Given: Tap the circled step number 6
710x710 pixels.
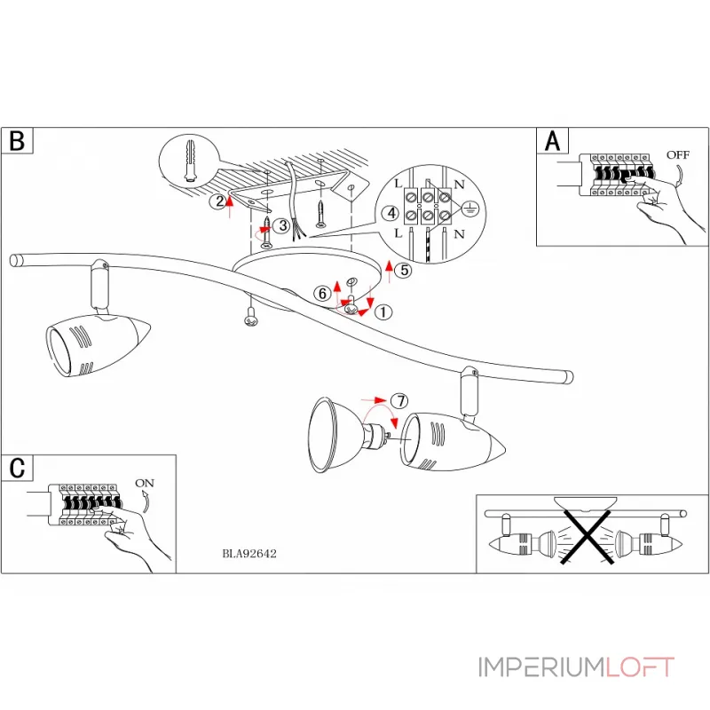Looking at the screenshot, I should pyautogui.click(x=323, y=293).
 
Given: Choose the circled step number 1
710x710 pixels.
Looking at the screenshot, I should pyautogui.click(x=383, y=312).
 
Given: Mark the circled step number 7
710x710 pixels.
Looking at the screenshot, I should pyautogui.click(x=399, y=401).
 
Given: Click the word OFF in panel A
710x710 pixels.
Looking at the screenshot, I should pyautogui.click(x=678, y=154).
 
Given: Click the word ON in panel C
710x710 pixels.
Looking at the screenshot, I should pyautogui.click(x=145, y=483).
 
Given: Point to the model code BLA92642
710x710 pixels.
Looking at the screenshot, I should pyautogui.click(x=250, y=551).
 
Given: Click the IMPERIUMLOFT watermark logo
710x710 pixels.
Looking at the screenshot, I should pyautogui.click(x=576, y=667).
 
